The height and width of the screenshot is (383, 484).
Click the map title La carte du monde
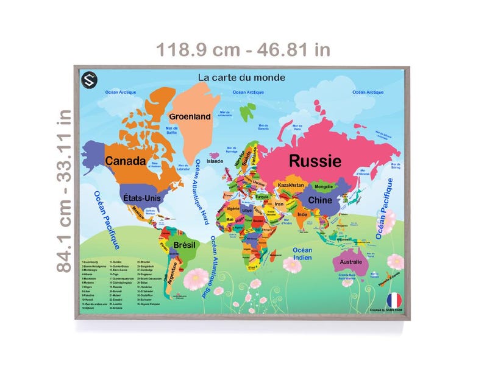pyautogui.click(x=241, y=78)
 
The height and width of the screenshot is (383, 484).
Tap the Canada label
pyautogui.click(x=125, y=161)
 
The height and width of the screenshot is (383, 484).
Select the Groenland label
pyautogui.click(x=190, y=116)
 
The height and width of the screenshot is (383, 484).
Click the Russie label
pyautogui.click(x=315, y=161)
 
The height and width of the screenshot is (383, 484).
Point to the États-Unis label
pyautogui.click(x=140, y=198)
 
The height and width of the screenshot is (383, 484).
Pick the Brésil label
pyautogui.click(x=184, y=245)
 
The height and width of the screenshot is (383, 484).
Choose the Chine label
pyautogui.click(x=319, y=200)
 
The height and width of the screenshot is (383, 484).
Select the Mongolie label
pyautogui.click(x=322, y=186)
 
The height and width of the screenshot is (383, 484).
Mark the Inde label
pyautogui.click(x=302, y=214)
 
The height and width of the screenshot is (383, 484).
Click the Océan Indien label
pyautogui.click(x=302, y=254)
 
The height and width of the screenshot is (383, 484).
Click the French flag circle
pyautogui.click(x=394, y=300)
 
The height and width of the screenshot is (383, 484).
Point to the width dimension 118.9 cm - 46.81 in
pyautogui.click(x=243, y=49)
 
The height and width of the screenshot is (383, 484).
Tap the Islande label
pyautogui.click(x=215, y=161)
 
